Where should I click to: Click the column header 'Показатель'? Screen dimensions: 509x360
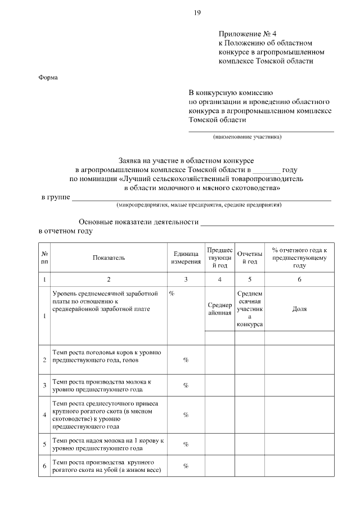coord(109,258)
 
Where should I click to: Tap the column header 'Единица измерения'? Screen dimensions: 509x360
coord(185,258)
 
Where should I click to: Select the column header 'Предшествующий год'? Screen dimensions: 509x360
coord(219,258)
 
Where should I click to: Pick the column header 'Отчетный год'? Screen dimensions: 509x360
coord(250,258)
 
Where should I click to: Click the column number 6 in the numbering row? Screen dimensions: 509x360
coord(299,279)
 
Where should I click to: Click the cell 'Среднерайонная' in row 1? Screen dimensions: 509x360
coord(219,309)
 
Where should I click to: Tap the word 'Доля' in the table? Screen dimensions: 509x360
coord(299,309)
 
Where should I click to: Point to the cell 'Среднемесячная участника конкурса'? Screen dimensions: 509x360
coord(250,309)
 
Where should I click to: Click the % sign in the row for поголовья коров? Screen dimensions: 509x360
coord(185,360)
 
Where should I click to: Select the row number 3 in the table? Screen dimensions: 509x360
coord(44,385)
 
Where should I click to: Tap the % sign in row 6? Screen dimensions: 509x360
coord(185,466)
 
